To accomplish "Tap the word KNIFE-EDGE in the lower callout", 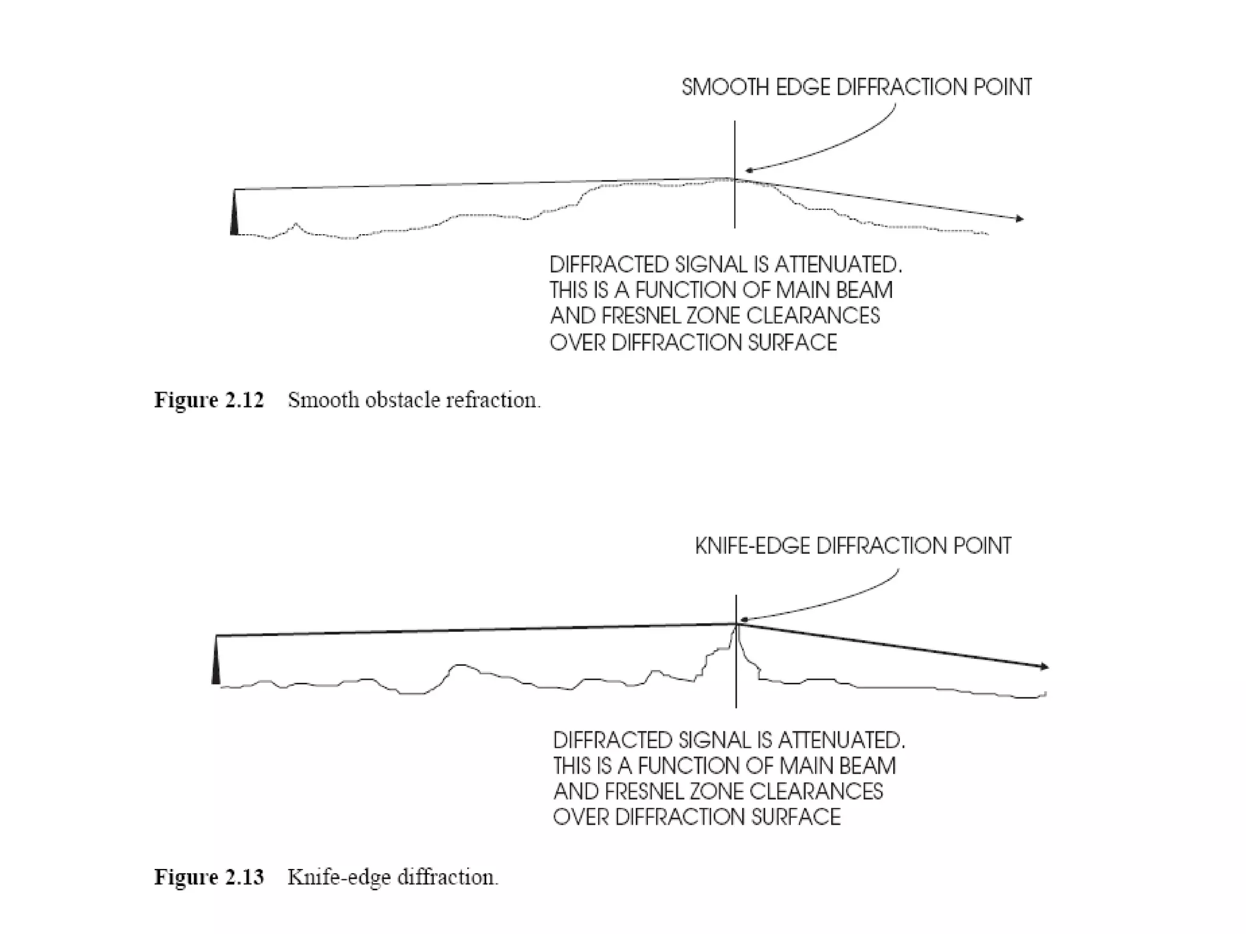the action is pyautogui.click(x=752, y=546).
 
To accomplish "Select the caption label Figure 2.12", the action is pyautogui.click(x=209, y=400).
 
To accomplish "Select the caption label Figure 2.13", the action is pyautogui.click(x=209, y=877).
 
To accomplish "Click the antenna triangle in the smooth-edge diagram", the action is pyautogui.click(x=234, y=214).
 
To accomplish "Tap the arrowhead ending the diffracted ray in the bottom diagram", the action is pyautogui.click(x=1045, y=667).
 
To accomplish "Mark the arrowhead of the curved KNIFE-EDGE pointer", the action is pyautogui.click(x=743, y=621).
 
